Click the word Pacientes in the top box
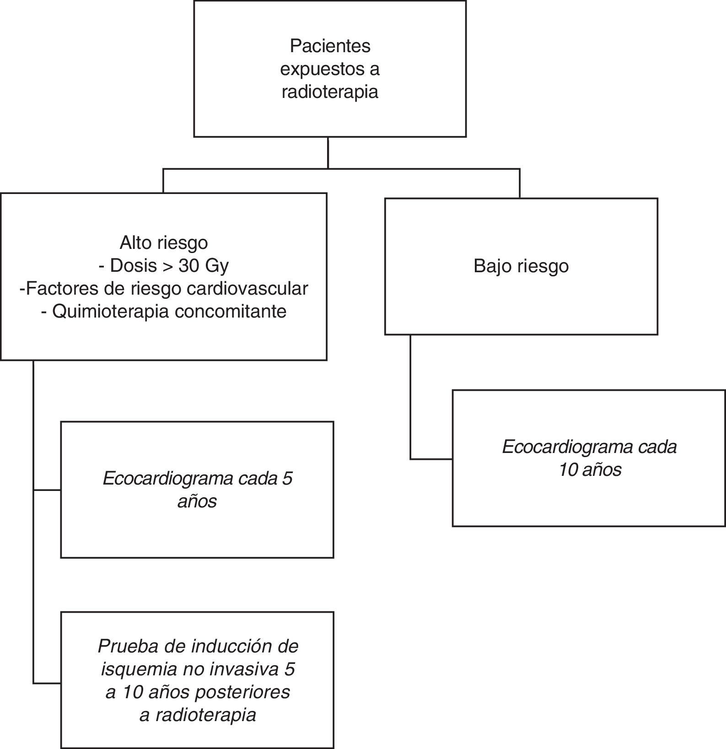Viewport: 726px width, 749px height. pyautogui.click(x=330, y=46)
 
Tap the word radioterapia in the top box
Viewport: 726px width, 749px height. pyautogui.click(x=330, y=92)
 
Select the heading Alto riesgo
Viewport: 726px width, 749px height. pyautogui.click(x=164, y=242)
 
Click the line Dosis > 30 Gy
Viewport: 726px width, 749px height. pyautogui.click(x=164, y=265)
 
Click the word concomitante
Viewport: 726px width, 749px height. pyautogui.click(x=231, y=311)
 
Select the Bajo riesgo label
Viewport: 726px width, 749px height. pyautogui.click(x=521, y=266)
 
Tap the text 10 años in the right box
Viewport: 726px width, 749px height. pyautogui.click(x=590, y=470)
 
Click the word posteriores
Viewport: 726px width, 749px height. pyautogui.click(x=242, y=692)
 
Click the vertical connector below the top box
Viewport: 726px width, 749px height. pyautogui.click(x=328, y=153)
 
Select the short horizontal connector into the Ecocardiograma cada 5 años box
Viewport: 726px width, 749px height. pyautogui.click(x=47, y=490)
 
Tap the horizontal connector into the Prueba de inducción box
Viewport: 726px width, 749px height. pyautogui.click(x=47, y=683)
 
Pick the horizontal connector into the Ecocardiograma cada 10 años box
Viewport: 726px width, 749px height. pyautogui.click(x=431, y=458)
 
